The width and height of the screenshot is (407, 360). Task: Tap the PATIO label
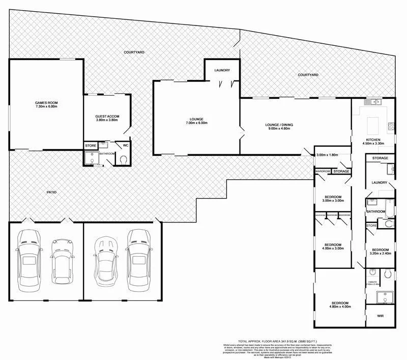pyautogui.click(x=51, y=192)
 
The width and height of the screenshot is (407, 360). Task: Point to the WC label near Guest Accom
pyautogui.click(x=125, y=146)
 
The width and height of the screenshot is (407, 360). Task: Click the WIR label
pyautogui.click(x=380, y=316)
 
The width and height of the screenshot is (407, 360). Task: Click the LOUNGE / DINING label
pyautogui.click(x=279, y=125)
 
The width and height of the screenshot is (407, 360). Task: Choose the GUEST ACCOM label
pyautogui.click(x=107, y=117)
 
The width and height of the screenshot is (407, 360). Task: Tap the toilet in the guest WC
pyautogui.click(x=125, y=159)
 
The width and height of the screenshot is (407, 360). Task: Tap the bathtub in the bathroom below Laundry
pyautogui.click(x=389, y=206)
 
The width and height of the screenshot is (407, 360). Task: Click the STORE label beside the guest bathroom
pyautogui.click(x=91, y=146)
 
